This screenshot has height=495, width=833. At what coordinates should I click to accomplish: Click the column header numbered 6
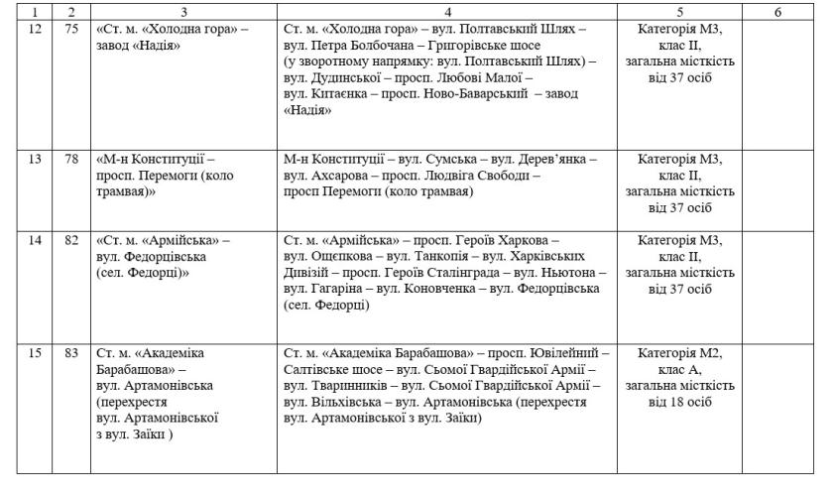777,12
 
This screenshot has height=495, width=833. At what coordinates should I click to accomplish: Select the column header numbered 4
447,12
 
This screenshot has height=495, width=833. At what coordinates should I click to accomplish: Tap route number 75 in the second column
70,31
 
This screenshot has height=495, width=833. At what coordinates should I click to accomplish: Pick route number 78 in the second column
70,159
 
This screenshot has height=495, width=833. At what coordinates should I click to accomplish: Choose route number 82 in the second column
70,240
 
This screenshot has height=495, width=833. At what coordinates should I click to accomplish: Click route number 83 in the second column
70,352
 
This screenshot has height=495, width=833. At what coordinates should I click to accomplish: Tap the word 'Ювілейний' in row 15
572,352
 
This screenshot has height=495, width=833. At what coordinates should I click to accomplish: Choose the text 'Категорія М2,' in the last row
680,352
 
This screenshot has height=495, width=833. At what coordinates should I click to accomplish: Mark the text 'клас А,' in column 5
680,369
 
